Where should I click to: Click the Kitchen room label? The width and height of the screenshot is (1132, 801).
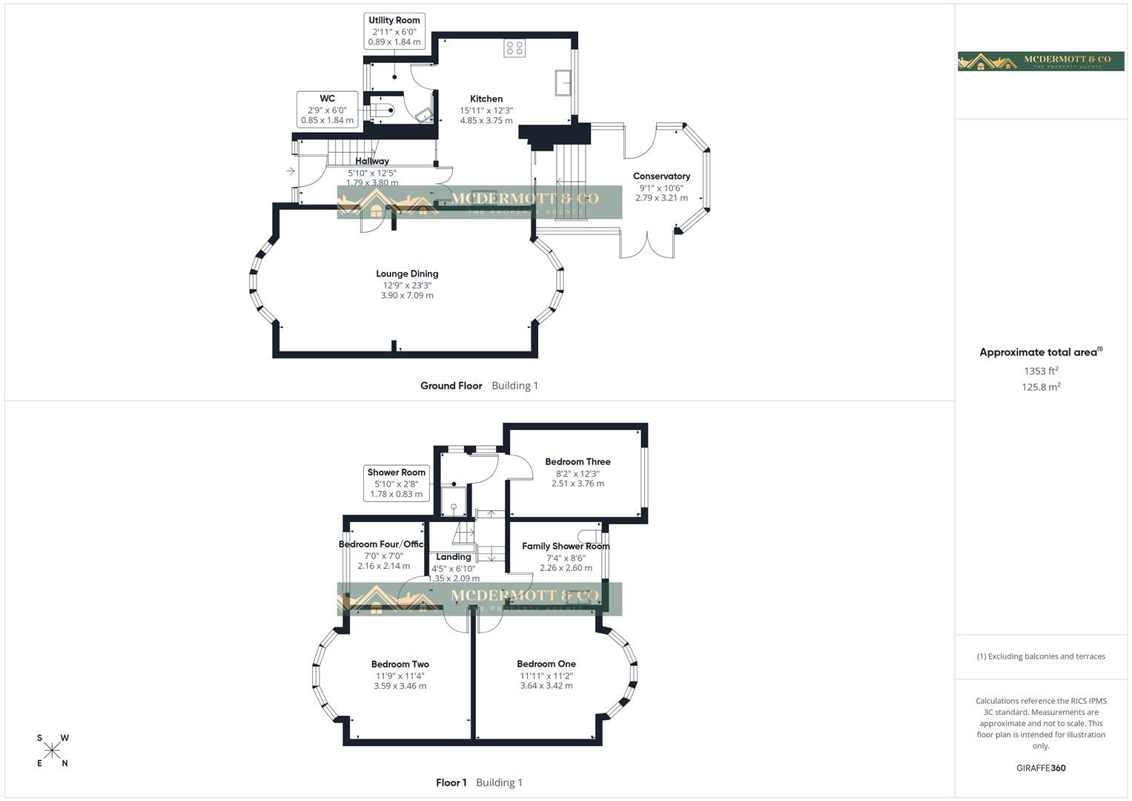[x=486, y=99]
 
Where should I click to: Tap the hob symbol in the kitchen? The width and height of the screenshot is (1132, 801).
[x=514, y=48]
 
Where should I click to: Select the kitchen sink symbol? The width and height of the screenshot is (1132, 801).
[x=563, y=82]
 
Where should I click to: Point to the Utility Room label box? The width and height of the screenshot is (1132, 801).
[x=394, y=31]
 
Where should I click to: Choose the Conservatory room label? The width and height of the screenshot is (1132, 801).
[x=661, y=177]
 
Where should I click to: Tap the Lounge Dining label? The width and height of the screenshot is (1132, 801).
[x=407, y=274]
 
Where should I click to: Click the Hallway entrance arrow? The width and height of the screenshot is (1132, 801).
[x=291, y=171]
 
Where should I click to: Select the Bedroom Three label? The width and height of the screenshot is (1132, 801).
[x=577, y=462]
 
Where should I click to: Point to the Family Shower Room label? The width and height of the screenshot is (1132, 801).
[x=566, y=547]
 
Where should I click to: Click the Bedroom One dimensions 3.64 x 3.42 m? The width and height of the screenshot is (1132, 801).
[x=546, y=686]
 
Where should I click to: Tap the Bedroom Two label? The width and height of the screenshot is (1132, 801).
[x=400, y=665]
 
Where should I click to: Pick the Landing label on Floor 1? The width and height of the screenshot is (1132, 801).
[x=454, y=557]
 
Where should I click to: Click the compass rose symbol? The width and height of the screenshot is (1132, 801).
[x=52, y=751]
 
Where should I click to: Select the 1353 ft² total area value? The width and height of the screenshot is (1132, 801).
[x=1041, y=371]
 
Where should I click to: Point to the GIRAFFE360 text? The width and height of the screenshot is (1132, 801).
[x=1041, y=768]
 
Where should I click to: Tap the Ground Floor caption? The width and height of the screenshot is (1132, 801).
[x=451, y=386]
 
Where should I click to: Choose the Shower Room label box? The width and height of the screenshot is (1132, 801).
[x=397, y=483]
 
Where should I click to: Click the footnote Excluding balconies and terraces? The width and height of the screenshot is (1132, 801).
[x=1041, y=656]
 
